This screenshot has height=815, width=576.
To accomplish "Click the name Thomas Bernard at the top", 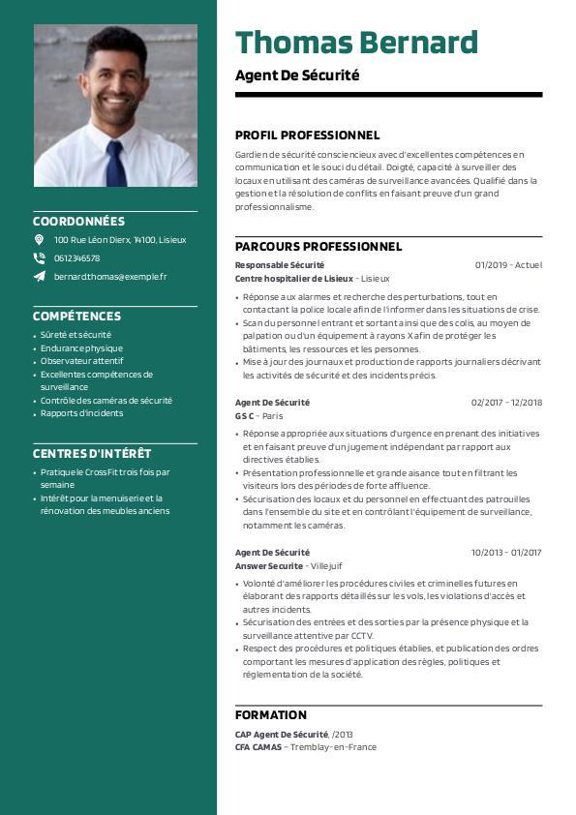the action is coord(356,44).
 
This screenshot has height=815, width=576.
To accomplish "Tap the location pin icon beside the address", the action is coord(39,239).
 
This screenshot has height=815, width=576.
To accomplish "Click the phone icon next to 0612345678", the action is coord(39,257).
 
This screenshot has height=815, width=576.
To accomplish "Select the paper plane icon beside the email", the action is coord(39,276).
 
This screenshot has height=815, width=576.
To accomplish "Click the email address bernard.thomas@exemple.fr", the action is coord(110,276).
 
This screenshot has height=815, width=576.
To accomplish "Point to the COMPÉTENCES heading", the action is coord(76,316).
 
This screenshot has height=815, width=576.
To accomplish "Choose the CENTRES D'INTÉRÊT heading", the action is coord(92,453).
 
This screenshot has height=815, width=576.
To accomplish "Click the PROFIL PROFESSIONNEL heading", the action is coord(307,136).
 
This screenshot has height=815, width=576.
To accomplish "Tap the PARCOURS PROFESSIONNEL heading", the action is coord(318,247).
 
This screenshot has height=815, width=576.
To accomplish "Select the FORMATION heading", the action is coord(270,715).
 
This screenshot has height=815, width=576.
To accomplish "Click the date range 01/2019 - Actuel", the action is coord(508,265).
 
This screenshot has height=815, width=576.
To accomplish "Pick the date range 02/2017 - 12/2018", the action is coord(506,403).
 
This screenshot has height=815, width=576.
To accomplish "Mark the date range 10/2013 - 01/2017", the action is coord(506,553).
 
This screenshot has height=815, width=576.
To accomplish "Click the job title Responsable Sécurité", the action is coord(280,265).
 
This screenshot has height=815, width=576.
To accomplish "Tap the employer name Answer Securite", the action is coord(269,565).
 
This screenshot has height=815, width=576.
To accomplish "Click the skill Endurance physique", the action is coord(81,348).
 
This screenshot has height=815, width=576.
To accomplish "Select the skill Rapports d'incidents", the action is coord(81,413).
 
